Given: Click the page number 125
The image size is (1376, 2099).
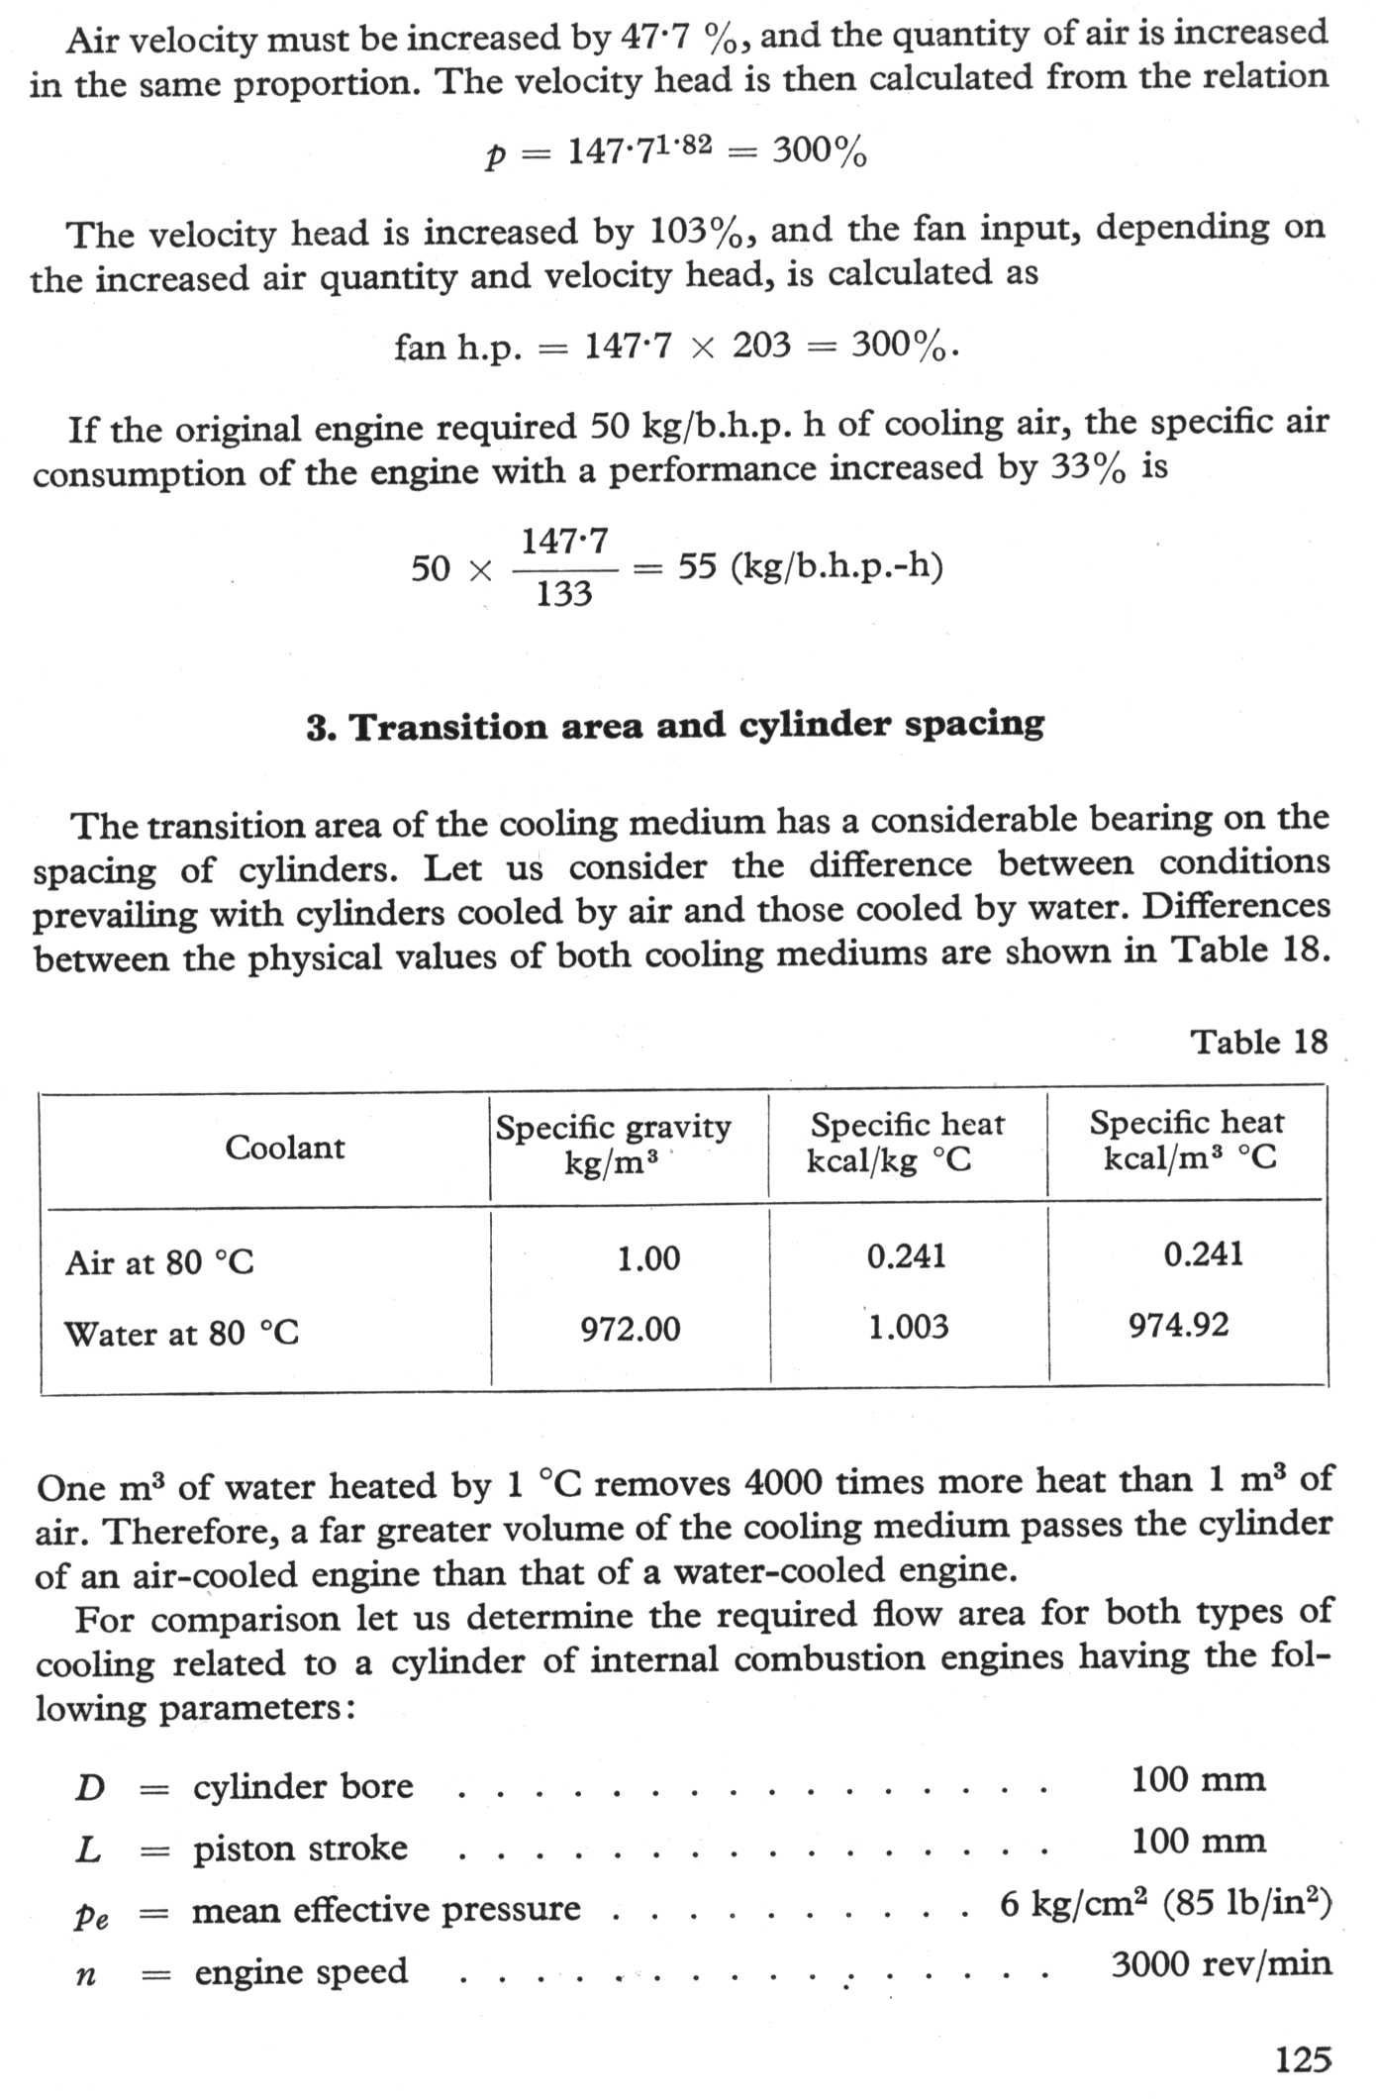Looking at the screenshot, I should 1303,2059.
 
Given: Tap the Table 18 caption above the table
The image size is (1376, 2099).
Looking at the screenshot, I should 1258,1042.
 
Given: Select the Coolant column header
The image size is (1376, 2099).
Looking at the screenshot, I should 284,1147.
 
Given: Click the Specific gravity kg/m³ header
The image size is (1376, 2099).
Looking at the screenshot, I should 613,1144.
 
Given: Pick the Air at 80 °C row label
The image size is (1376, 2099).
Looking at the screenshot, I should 159,1262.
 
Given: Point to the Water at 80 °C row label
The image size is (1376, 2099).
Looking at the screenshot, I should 181,1333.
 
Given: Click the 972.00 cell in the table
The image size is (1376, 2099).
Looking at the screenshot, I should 631,1329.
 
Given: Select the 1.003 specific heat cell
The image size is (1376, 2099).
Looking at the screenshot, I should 908,1327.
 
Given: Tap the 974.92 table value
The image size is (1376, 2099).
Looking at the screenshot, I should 1178,1325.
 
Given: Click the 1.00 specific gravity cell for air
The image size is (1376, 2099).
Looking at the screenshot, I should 648,1258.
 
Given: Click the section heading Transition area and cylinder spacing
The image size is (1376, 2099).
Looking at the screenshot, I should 675,727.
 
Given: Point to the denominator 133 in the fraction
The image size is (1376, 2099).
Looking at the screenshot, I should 563,594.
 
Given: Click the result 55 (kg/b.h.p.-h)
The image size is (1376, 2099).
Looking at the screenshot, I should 810,566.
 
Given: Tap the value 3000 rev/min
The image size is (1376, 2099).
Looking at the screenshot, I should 1221,1963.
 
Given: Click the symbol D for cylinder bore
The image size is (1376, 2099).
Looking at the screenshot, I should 89,1788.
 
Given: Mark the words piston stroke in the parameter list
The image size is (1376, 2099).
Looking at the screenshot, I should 300,1849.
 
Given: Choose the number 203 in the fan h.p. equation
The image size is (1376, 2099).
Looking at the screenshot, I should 761,345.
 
